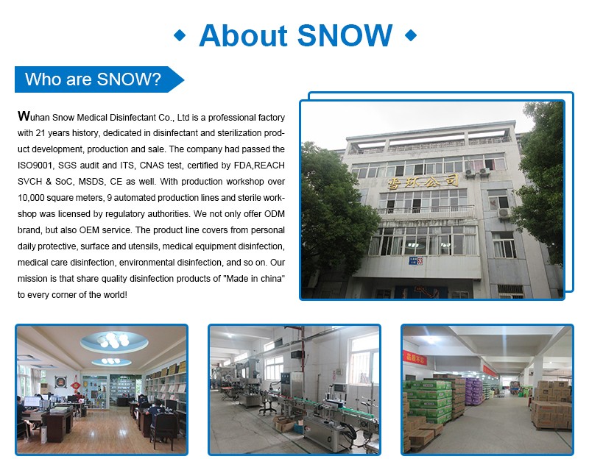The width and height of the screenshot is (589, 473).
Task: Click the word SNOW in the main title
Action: click(x=345, y=35)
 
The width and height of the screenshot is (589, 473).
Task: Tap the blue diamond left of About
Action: click(x=180, y=35)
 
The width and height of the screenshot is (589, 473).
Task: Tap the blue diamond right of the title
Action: click(x=411, y=35)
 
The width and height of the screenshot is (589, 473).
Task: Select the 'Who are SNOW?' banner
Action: click(x=99, y=79)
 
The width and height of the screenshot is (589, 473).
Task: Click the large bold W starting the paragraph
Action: click(x=24, y=116)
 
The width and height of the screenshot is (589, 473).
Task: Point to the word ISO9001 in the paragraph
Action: click(x=35, y=166)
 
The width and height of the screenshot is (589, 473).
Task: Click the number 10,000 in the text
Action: click(x=31, y=198)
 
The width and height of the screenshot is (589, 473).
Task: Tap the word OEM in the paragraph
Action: click(x=89, y=230)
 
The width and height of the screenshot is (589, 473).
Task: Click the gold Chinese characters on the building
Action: click(x=423, y=182)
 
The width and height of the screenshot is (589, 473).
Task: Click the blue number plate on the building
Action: click(x=415, y=260)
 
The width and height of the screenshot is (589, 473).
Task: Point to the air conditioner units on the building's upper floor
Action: click(x=477, y=172)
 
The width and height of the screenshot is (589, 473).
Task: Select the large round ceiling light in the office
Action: click(x=114, y=341)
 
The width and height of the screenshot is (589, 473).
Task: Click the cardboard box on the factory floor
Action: click(x=284, y=424)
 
